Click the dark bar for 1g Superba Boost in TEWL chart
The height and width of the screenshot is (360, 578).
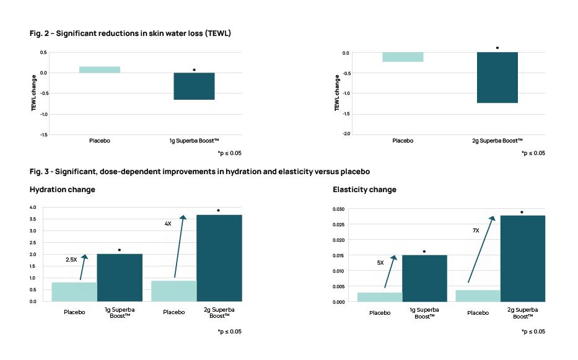coord(194,86)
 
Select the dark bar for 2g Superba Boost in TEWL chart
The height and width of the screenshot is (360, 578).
coord(497,77)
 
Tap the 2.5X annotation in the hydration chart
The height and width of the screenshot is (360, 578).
coord(71,260)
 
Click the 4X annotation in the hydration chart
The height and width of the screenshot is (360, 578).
coord(168,223)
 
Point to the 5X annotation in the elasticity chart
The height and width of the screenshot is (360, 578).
coord(380,262)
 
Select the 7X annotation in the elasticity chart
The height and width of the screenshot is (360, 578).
coord(476,230)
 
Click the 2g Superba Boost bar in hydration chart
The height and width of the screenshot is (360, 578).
coord(219,258)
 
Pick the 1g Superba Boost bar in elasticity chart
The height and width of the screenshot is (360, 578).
coord(424,278)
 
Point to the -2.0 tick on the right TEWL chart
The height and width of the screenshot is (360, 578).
coord(345,134)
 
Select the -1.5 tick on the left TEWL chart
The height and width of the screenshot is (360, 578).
coord(42,134)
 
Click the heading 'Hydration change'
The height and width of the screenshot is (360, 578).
coord(62,190)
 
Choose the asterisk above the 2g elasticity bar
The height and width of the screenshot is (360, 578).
coord(522,213)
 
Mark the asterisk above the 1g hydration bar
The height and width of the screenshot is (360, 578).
coord(120,250)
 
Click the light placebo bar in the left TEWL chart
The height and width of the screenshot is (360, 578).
coord(100,69)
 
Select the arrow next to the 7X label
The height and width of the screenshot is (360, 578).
coord(481,249)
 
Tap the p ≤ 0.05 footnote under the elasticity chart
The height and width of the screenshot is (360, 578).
coord(533,331)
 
